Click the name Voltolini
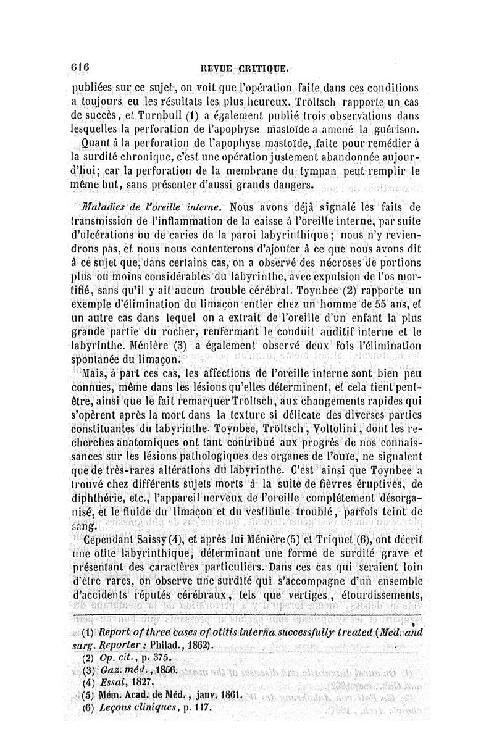(x=345, y=429)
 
